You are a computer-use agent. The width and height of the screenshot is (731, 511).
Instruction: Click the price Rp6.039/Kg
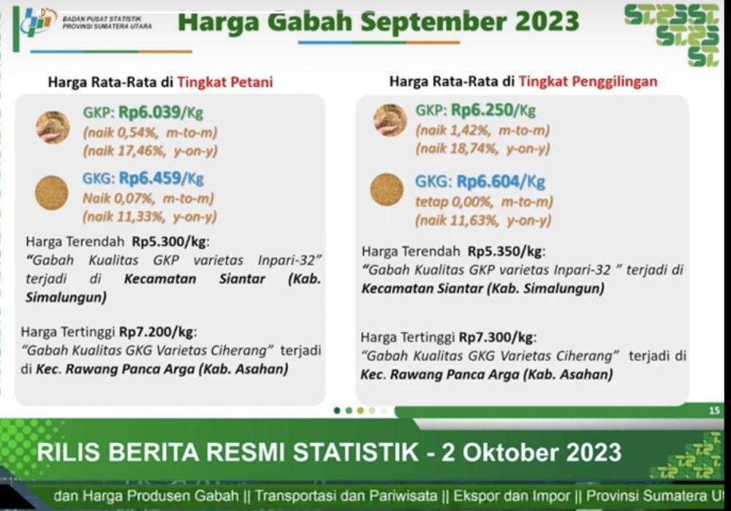[161, 113]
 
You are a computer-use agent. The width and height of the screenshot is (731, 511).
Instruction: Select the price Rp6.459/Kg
[162, 178]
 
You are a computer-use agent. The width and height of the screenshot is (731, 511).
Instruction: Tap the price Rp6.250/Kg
[493, 110]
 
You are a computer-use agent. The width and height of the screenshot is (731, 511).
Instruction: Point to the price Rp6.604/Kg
[501, 181]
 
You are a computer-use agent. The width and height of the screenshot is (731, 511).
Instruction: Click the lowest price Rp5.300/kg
[170, 241]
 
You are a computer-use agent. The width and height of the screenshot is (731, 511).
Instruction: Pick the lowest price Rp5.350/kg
[505, 251]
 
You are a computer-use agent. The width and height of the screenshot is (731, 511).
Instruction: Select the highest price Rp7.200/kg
[156, 332]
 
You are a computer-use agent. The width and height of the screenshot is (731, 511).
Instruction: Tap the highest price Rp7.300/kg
[496, 337]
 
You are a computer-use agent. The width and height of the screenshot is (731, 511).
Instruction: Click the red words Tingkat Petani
[225, 83]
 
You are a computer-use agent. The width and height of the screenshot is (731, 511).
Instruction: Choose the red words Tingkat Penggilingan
[588, 82]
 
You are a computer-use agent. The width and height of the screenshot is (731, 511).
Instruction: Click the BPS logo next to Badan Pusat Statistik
[38, 22]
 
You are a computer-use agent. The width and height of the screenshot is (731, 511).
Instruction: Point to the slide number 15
[714, 410]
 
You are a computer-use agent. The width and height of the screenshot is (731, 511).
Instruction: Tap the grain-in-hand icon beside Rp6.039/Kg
[53, 127]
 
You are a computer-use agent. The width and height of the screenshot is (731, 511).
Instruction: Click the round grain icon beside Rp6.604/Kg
[387, 189]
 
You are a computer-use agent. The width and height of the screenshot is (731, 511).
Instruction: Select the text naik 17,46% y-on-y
[150, 151]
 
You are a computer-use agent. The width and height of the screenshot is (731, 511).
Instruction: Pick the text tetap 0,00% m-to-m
[484, 202]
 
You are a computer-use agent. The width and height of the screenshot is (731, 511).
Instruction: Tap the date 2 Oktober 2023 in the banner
[531, 453]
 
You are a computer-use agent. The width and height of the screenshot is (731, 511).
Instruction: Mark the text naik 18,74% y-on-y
[483, 148]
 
